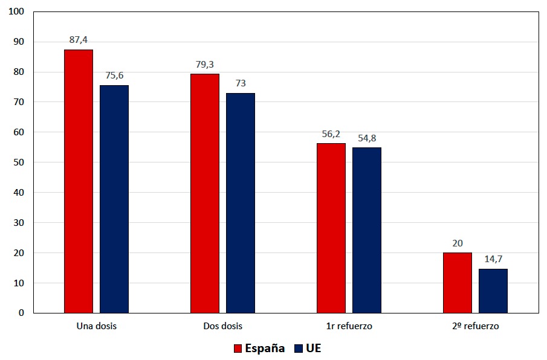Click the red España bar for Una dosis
point(79,181)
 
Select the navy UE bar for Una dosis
point(114,199)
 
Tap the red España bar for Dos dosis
point(205,193)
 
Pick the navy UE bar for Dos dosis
point(241,203)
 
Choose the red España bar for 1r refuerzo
point(331,228)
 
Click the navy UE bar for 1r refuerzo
point(367,230)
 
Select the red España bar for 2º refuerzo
point(458,283)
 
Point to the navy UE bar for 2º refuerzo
point(493,291)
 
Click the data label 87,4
point(79,40)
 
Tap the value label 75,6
point(114,76)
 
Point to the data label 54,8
point(367,138)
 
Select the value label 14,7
point(493,259)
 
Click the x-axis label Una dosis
point(97,326)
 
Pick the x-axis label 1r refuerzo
point(349,326)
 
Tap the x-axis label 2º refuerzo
point(476,326)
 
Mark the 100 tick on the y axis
point(16,12)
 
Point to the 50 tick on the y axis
point(19,162)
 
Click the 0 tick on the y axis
point(21,313)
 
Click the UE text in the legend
point(314,349)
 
